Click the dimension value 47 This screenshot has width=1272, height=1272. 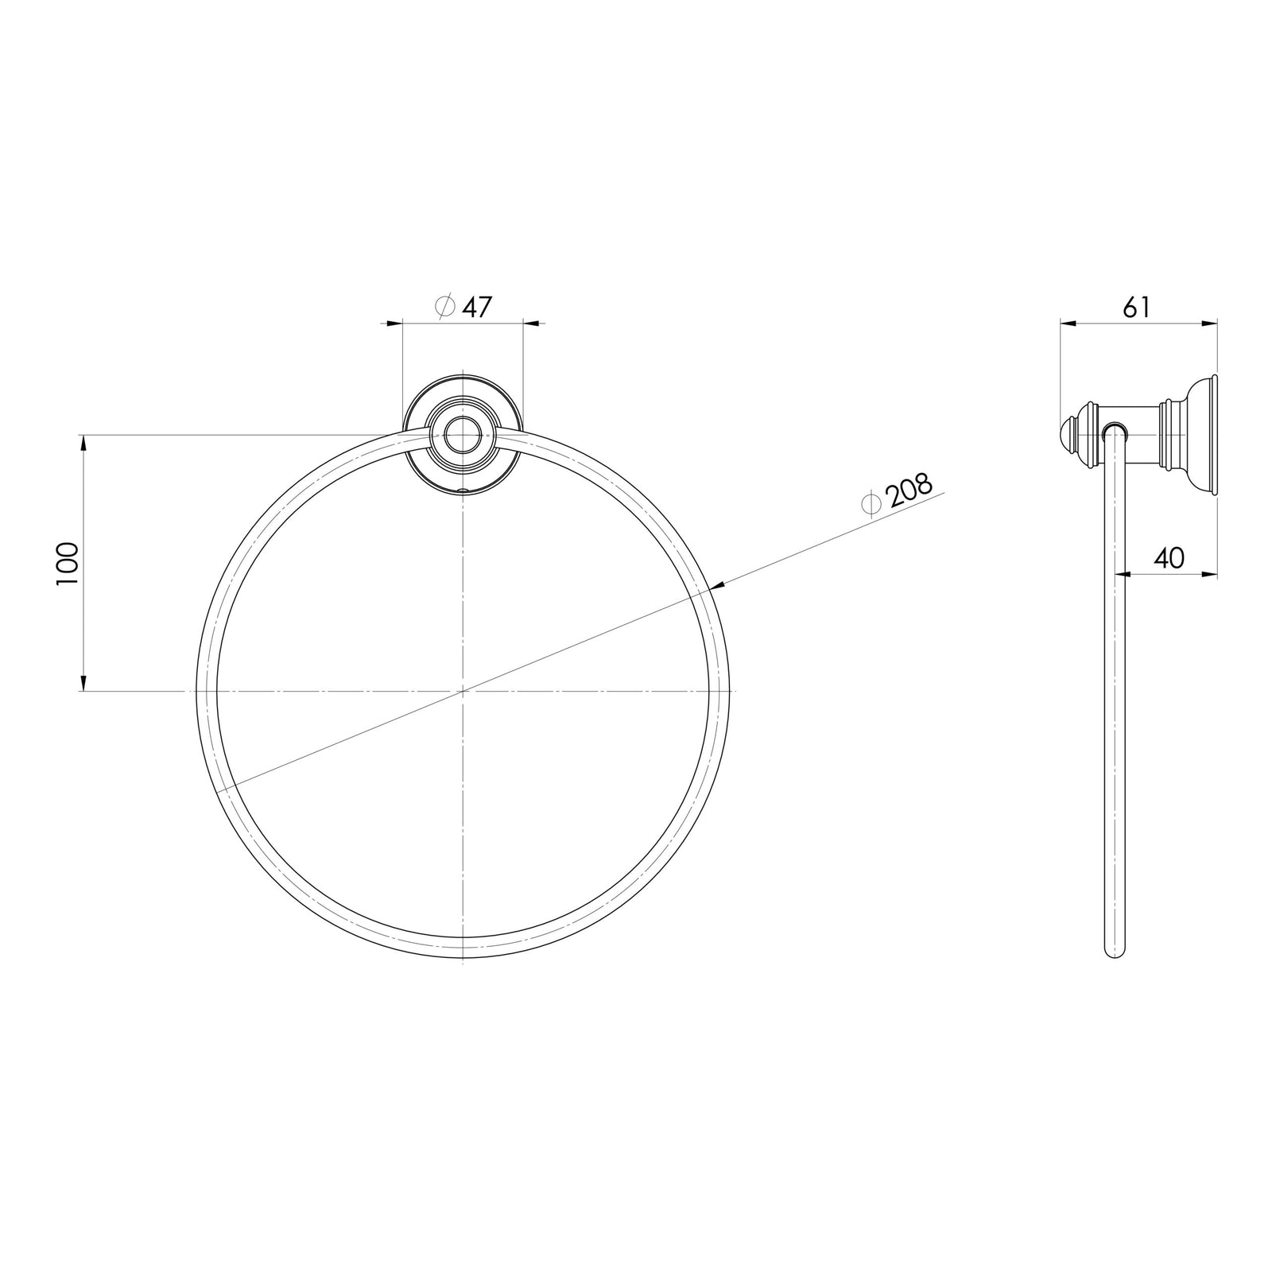tap(477, 307)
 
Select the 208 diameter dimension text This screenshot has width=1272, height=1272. tap(909, 492)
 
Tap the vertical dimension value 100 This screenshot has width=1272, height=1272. tap(68, 564)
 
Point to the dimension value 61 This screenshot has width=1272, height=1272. tap(1137, 307)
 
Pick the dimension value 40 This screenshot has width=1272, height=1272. tap(1168, 558)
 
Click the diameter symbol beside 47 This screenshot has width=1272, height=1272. tap(446, 306)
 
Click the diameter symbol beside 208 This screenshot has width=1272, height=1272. tap(871, 503)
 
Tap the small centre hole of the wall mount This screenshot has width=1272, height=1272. tap(463, 435)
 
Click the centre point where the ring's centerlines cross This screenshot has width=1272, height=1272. tap(463, 692)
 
